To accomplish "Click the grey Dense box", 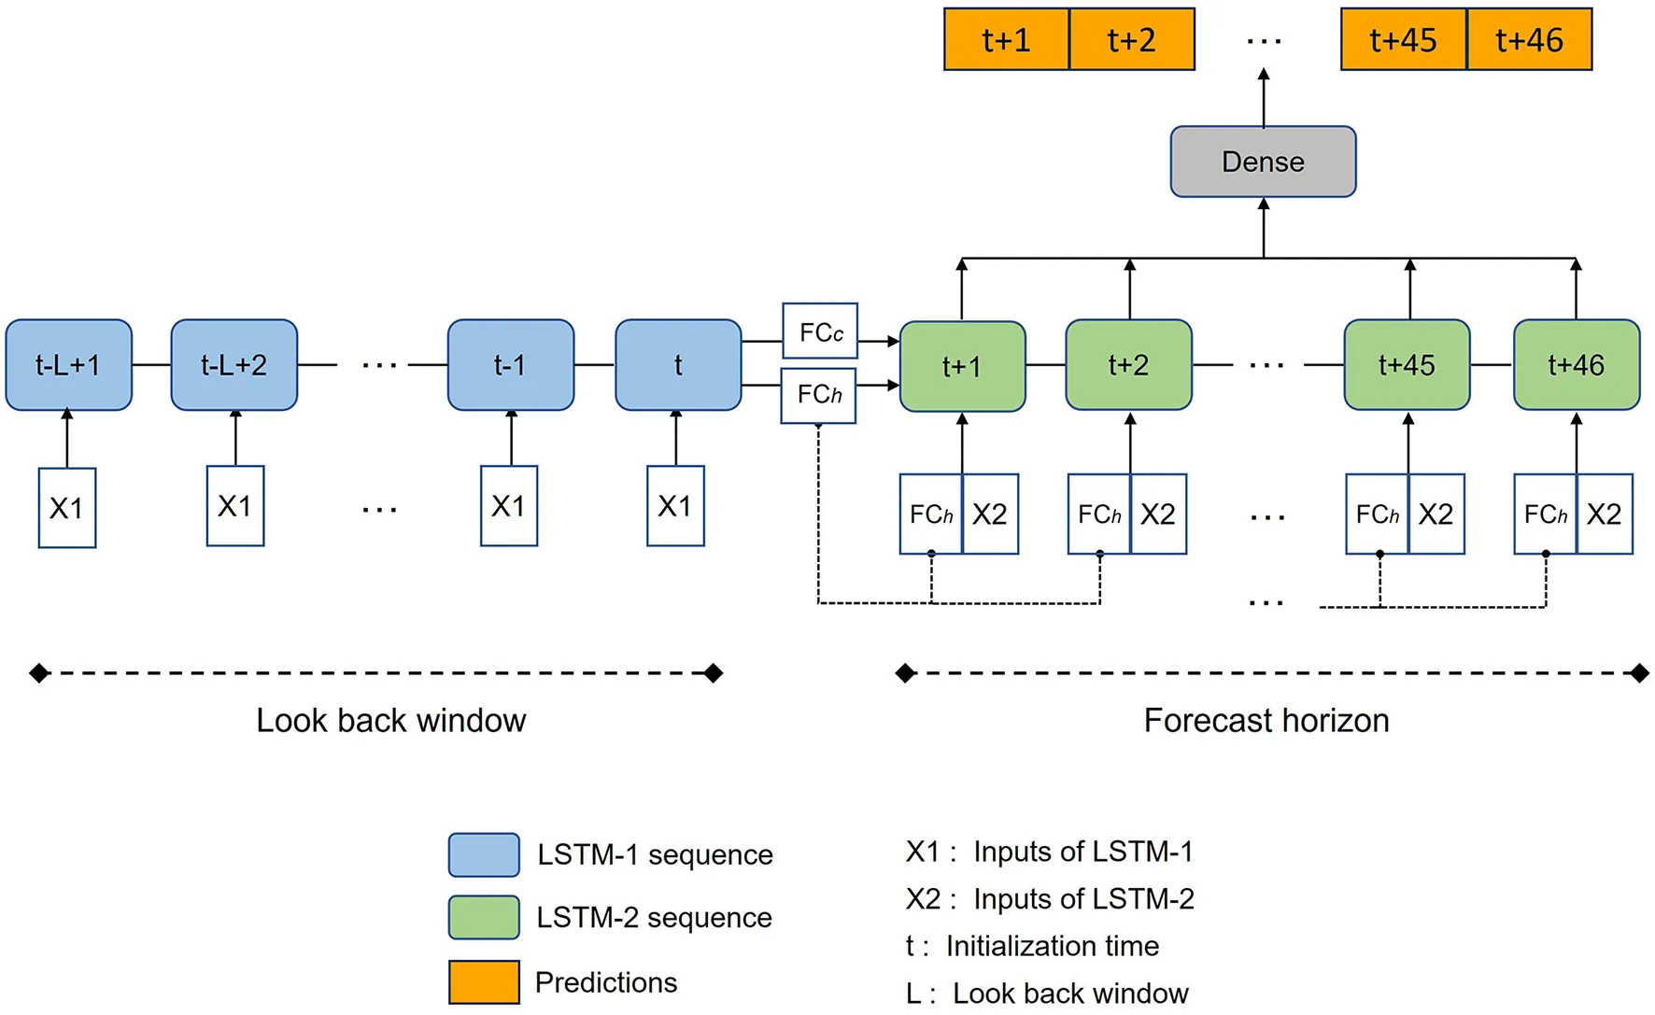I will (1263, 162).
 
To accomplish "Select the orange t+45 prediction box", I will (1403, 39).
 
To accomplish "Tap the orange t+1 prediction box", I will (1006, 39).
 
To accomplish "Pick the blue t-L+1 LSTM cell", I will (68, 365).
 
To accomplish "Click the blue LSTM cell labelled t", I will (678, 365).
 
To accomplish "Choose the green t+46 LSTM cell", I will (1576, 365).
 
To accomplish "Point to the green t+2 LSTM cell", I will (1128, 365).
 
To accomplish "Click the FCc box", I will (820, 331).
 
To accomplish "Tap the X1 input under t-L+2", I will (234, 506).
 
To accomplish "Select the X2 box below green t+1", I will (990, 515).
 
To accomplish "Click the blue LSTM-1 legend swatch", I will (484, 854).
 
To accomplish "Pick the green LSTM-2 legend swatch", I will (484, 917).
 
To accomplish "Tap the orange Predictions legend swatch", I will (484, 981).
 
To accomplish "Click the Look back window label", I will (390, 720).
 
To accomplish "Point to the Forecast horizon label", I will (1266, 720).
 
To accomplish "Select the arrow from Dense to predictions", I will (1264, 98).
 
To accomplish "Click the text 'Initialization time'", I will (1052, 946).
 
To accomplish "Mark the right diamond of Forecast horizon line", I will (1639, 673).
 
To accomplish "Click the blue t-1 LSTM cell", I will (510, 365).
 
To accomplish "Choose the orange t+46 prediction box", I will (1529, 39).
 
